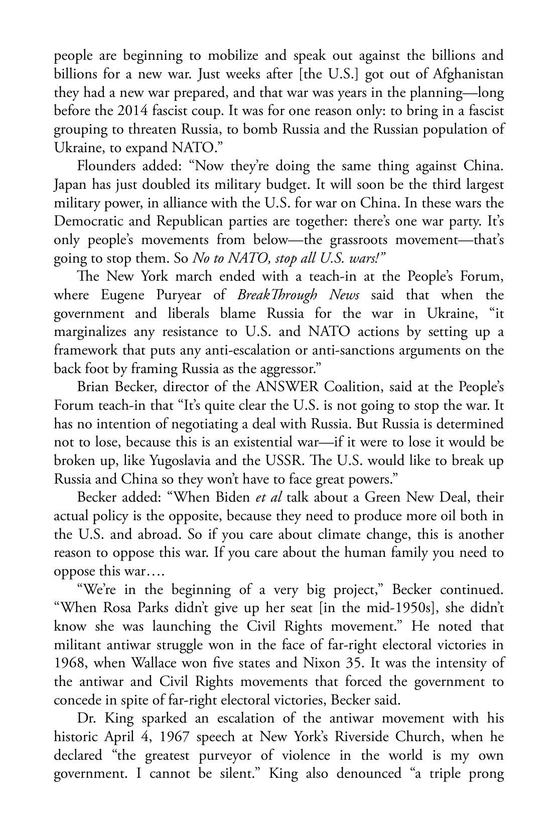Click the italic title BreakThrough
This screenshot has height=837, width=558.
pos(270,295)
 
